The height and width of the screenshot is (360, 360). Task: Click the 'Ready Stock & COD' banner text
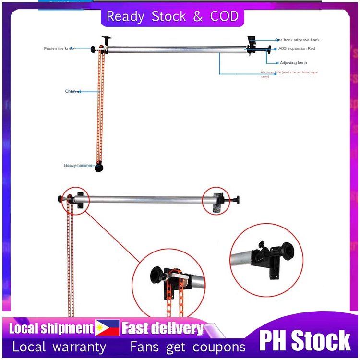pos(172,16)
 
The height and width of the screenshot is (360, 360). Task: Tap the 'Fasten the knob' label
pos(59,48)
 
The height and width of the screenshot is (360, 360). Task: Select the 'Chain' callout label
pos(71,91)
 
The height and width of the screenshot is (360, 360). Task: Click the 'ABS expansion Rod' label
pos(297,48)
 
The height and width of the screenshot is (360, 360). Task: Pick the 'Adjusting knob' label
pos(293,63)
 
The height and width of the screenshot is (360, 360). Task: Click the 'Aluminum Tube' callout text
pos(288,74)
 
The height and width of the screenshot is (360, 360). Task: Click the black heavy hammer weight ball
pos(99,168)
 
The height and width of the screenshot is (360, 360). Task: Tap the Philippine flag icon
pos(107,328)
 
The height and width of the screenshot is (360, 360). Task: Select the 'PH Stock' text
pos(305,340)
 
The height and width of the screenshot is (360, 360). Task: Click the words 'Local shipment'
pos(51,329)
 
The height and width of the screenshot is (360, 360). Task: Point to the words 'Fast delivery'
pos(163,329)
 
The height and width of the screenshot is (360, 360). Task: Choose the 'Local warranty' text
pos(59,347)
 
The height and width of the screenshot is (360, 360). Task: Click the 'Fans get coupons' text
pos(188,347)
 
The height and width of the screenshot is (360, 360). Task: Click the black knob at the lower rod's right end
pos(237,200)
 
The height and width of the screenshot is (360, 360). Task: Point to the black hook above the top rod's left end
pos(106,39)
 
